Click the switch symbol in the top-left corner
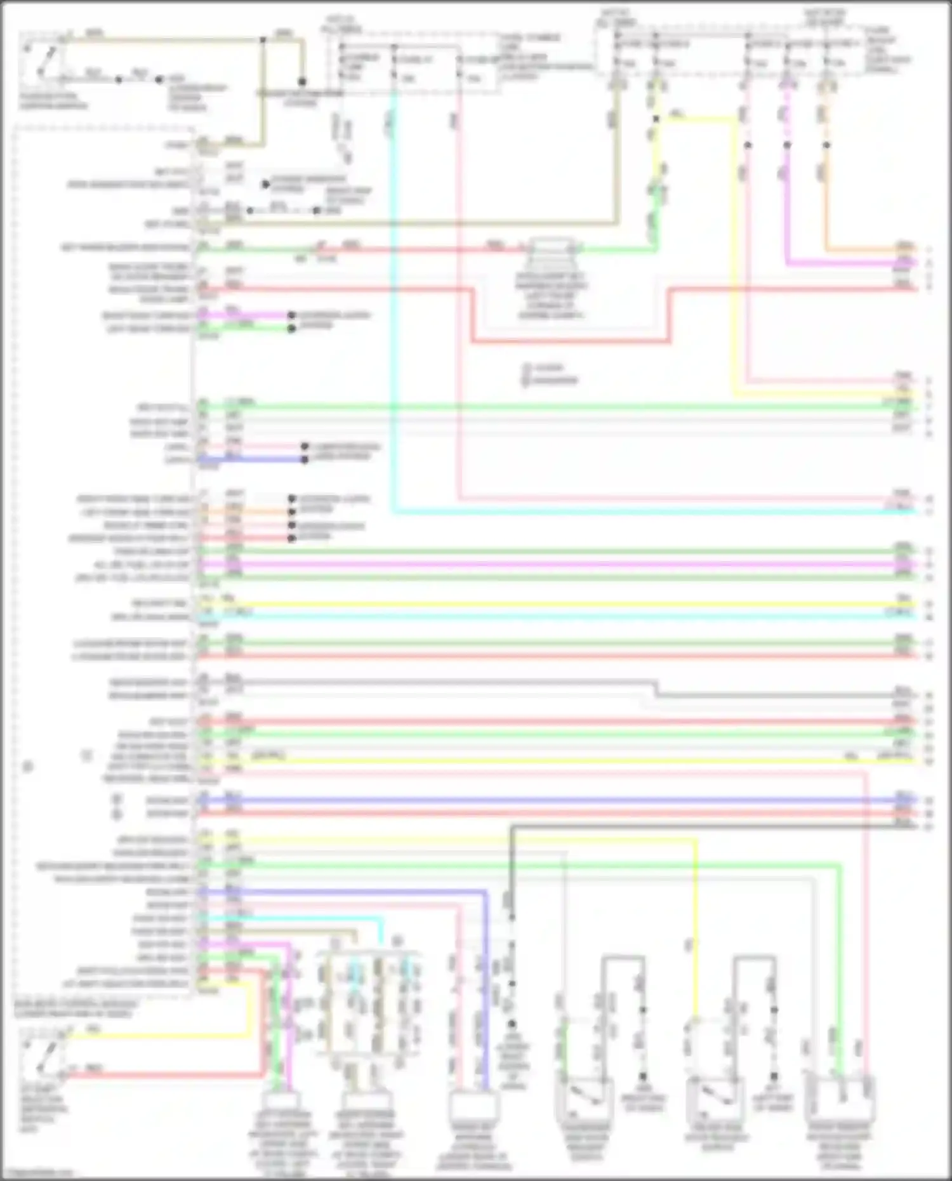[43, 62]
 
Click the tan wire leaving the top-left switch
[159, 40]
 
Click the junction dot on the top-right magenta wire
[787, 145]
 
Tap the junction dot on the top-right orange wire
[826, 145]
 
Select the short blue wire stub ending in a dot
[254, 459]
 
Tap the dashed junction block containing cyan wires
[368, 1003]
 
